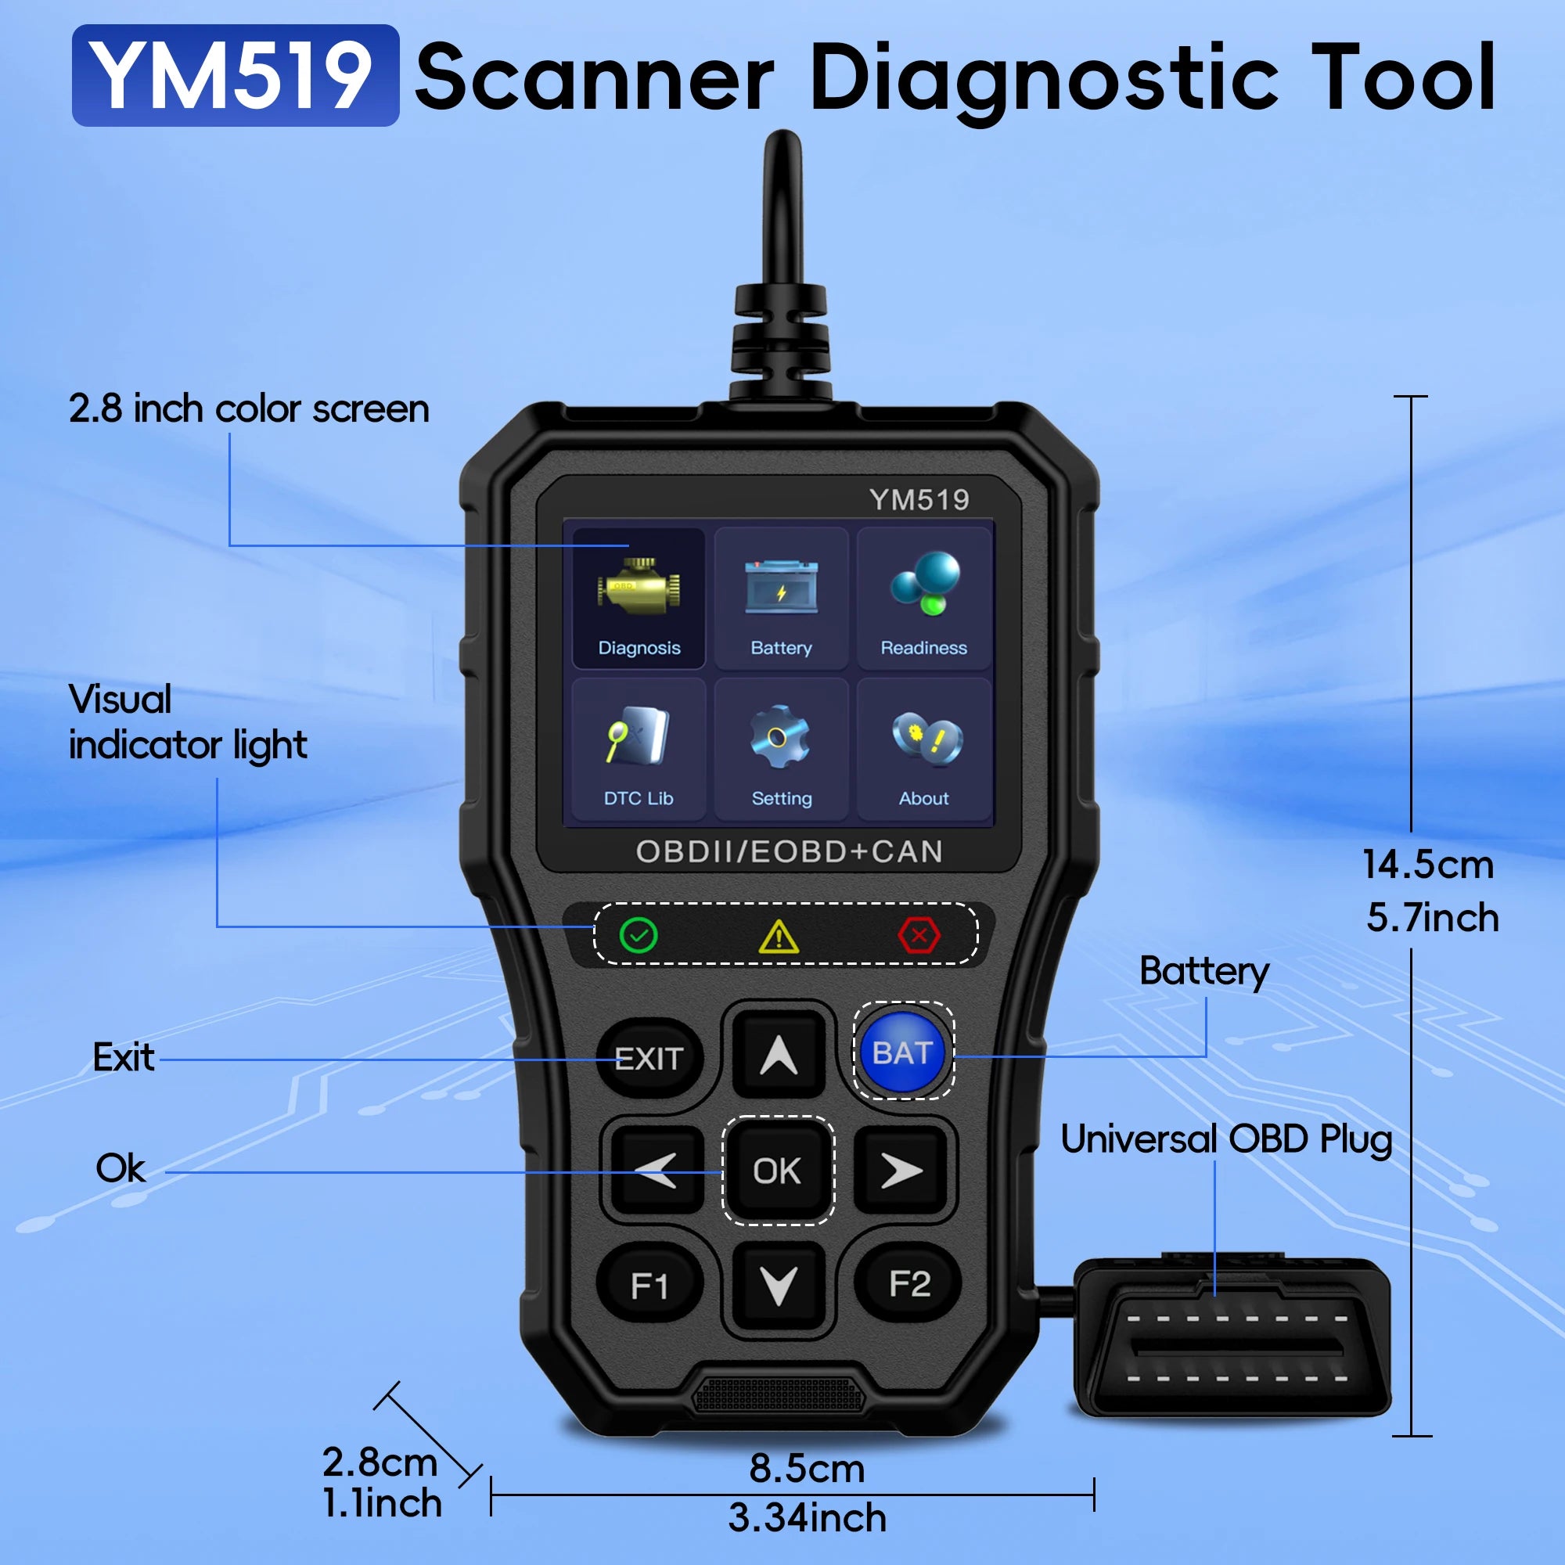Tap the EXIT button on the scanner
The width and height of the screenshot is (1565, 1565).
pyautogui.click(x=649, y=1058)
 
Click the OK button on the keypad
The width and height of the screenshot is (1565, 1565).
pyautogui.click(x=778, y=1171)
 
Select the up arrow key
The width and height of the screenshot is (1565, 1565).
pyautogui.click(x=779, y=1055)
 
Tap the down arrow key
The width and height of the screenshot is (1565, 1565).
pyautogui.click(x=779, y=1285)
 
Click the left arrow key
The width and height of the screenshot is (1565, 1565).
pyautogui.click(x=657, y=1171)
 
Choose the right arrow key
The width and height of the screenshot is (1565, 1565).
pyautogui.click(x=901, y=1171)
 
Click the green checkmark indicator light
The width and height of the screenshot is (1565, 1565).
pyautogui.click(x=639, y=936)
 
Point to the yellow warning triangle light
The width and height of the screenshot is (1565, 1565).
pyautogui.click(x=779, y=937)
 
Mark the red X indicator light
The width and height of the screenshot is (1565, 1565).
pyautogui.click(x=919, y=936)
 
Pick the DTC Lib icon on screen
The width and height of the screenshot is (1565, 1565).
pyautogui.click(x=639, y=737)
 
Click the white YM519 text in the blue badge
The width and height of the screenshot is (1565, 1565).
pyautogui.click(x=234, y=76)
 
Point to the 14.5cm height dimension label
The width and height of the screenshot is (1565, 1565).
pyautogui.click(x=1427, y=865)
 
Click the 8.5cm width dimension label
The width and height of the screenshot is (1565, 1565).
pyautogui.click(x=807, y=1469)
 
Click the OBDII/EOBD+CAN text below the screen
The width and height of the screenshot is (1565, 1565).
pyautogui.click(x=789, y=851)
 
